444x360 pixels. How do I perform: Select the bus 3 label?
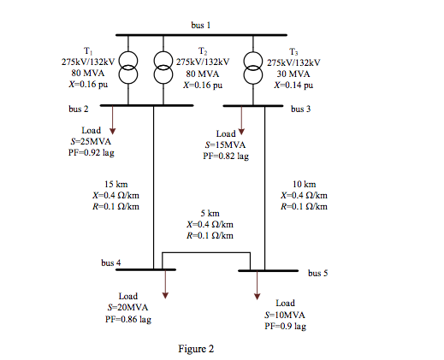pos(301,109)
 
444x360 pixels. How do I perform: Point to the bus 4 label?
pos(111,263)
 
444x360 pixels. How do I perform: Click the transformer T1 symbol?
pos(127,68)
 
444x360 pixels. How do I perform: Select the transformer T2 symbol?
pos(163,68)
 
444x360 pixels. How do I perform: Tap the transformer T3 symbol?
pos(252,68)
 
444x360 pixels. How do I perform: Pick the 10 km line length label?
pos(304,185)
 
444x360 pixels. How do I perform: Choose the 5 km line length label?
pos(210,213)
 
